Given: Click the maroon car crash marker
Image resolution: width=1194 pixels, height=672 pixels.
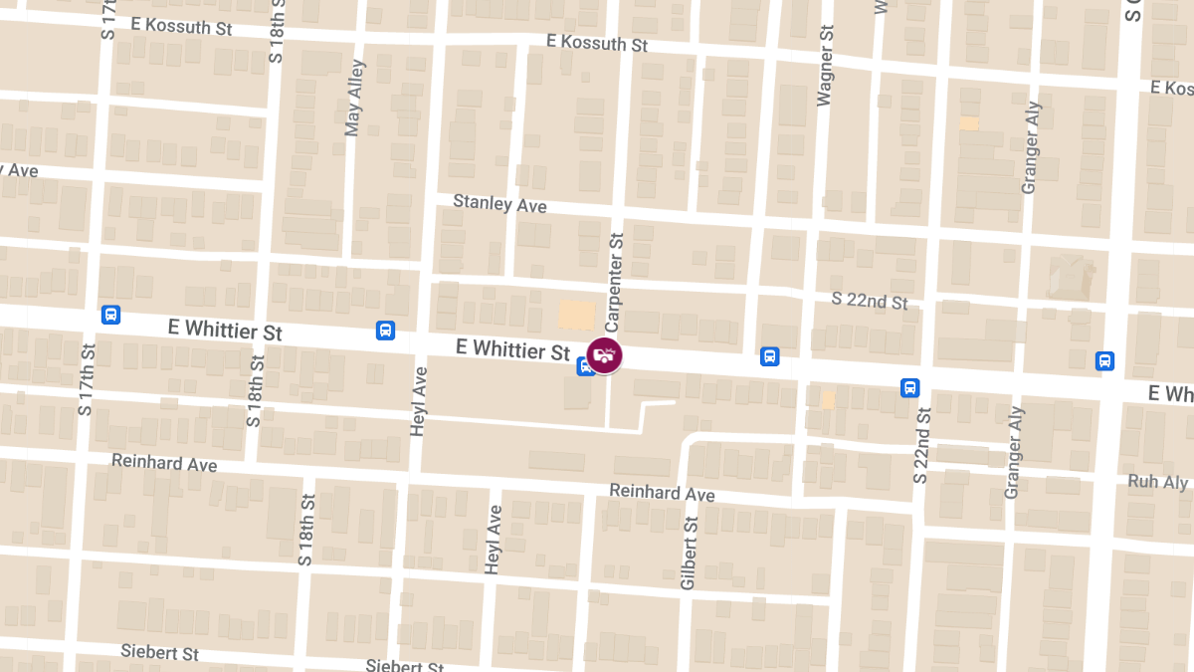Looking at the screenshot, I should pos(604,355).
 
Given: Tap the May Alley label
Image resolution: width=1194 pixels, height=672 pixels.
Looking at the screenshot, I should pos(353,98).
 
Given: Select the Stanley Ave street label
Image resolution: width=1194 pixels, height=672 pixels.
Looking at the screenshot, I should pos(499,203).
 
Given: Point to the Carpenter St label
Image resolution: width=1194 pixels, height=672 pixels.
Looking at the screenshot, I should pos(615,283).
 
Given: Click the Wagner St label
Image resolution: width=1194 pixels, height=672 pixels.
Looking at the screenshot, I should pos(824,66).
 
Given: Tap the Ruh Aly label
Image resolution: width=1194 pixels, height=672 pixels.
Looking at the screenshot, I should pos(1157,482).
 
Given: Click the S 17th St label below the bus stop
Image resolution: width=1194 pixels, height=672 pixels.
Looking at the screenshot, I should pos(89,379).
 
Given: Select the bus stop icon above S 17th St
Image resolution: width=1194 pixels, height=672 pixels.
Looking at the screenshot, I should pos(110,315).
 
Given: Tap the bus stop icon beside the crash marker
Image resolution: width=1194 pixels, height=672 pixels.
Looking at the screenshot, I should pos(585,366).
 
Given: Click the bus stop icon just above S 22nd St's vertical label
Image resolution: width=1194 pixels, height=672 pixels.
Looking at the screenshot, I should pos(909,387).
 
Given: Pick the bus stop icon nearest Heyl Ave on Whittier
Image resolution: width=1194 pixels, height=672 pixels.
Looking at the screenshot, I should pos(385,330).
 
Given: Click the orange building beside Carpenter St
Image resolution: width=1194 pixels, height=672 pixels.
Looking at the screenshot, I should pos(576,315).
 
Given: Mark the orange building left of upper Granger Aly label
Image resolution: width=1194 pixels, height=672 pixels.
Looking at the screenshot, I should pos(968,123).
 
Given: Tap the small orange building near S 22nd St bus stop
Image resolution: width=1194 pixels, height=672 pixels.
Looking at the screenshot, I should pos(828,399).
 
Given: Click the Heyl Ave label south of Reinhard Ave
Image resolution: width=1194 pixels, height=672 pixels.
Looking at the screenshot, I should pos(492,539).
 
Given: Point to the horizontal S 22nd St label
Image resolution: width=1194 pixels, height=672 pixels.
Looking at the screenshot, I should pos(870,301).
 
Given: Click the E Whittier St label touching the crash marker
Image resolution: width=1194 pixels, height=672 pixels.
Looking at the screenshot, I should pos(512,349).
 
